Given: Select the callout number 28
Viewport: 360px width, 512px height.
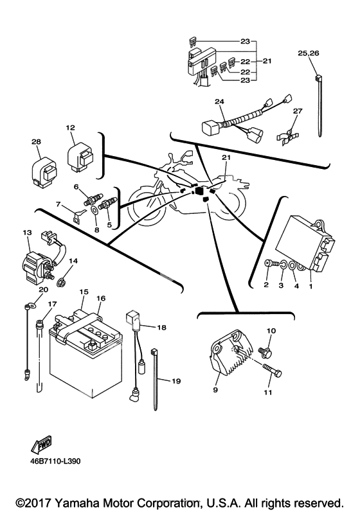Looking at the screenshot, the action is (36, 142).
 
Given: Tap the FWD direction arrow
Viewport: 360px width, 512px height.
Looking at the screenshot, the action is (41, 445).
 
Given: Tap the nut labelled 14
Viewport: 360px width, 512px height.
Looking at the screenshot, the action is (61, 282).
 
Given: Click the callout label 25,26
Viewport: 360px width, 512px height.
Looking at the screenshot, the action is (308, 53).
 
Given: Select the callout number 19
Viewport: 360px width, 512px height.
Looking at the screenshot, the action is (176, 381).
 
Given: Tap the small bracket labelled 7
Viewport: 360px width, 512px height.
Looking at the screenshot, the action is (77, 216).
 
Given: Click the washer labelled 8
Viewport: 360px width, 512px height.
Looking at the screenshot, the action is (95, 211).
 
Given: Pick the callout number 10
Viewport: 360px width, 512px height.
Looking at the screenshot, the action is (271, 331).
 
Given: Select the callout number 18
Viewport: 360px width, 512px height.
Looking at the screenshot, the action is (162, 327).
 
